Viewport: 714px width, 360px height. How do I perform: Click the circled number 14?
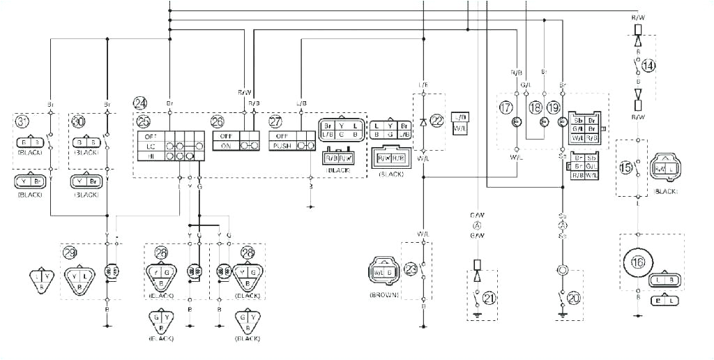tap(649, 66)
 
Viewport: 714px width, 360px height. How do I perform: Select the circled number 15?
tap(626, 167)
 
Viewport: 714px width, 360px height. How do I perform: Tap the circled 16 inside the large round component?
tap(637, 262)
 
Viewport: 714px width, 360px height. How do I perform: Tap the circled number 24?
tap(141, 103)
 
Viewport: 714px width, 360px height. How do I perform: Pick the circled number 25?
tap(144, 121)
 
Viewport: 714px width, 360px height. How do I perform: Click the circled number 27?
tap(275, 121)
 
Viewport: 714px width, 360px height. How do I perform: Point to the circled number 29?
tap(69, 252)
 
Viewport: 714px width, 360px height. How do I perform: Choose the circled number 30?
tap(77, 121)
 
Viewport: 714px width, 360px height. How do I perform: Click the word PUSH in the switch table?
tap(282, 146)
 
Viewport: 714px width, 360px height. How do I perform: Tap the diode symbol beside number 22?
tap(423, 122)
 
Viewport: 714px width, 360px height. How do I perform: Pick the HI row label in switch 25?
tap(149, 157)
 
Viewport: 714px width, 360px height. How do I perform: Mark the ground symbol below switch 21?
tap(476, 315)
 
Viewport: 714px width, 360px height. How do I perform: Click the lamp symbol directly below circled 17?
tap(516, 122)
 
